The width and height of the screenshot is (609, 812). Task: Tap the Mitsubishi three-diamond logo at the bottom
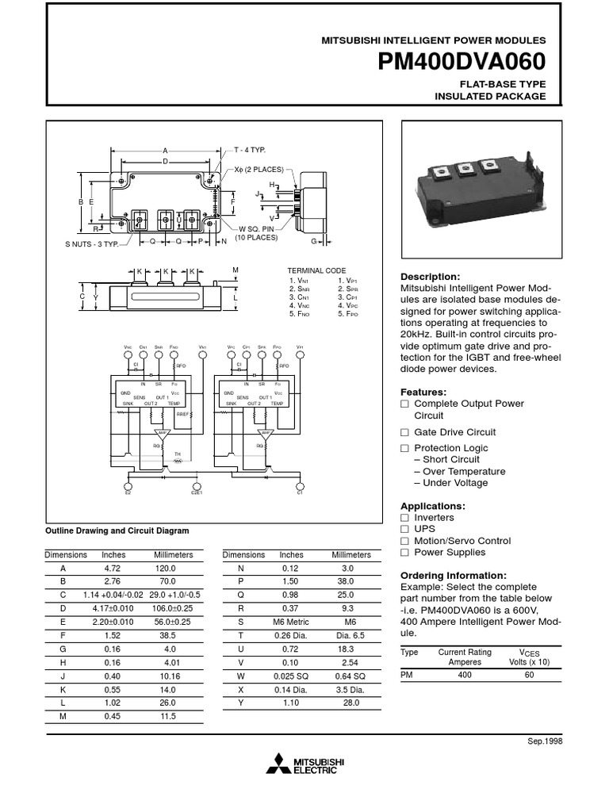click(x=278, y=765)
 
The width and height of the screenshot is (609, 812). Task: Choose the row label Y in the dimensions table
click(x=241, y=703)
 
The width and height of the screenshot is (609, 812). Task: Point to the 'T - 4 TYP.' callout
click(x=249, y=150)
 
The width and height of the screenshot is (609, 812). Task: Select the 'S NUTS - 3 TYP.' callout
click(x=91, y=244)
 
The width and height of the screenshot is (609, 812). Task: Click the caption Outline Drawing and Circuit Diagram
click(x=117, y=530)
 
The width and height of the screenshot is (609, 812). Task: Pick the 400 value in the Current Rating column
click(x=465, y=674)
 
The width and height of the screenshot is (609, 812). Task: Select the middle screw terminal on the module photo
click(x=466, y=169)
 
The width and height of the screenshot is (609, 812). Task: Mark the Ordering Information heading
click(x=452, y=575)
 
